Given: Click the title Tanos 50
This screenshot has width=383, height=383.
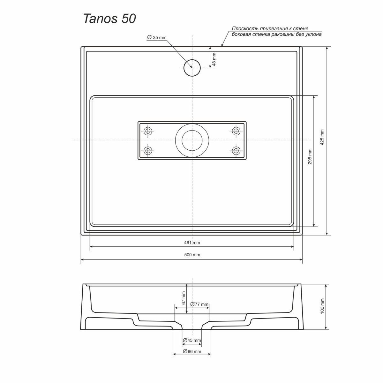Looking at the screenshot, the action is (x=109, y=19).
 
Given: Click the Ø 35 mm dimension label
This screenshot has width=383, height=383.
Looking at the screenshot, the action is (x=157, y=37).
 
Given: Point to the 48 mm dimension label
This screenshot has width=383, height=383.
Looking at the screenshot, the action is (x=214, y=59).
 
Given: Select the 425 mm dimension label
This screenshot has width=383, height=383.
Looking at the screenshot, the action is (x=322, y=137).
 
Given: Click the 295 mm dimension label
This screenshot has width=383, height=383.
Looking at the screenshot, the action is (x=310, y=156).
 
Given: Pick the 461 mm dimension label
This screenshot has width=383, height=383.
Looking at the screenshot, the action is (x=192, y=243).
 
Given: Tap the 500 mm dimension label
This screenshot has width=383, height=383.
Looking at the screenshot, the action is (x=192, y=255).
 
